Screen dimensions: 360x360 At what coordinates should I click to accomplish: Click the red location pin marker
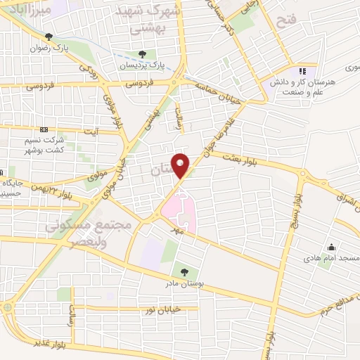pos(181,166)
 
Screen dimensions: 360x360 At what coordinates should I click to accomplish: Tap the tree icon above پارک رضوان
pos(49,37)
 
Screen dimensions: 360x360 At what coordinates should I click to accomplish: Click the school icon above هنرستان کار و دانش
pos(302,71)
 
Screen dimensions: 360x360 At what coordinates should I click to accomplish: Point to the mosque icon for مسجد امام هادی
pos(331,247)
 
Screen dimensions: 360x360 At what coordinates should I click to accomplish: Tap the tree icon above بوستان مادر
pos(184,271)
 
